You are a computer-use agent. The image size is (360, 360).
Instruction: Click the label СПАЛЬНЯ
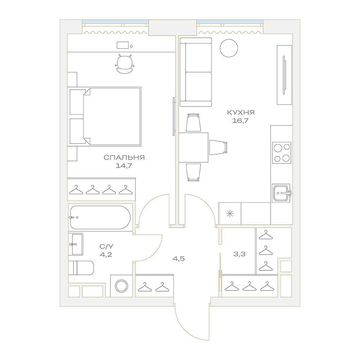click(124, 158)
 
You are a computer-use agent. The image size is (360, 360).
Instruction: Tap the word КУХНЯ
click(241, 112)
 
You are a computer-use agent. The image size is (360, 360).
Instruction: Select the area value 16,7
click(240, 121)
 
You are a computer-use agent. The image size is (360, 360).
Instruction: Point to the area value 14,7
click(124, 166)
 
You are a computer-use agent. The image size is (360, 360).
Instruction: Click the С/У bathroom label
click(106, 247)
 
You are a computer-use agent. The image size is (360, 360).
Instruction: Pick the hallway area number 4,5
click(179, 259)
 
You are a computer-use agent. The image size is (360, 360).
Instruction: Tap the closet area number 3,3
click(239, 254)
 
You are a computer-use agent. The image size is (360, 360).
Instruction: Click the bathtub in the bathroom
click(100, 217)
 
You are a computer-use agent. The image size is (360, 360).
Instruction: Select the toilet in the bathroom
click(81, 268)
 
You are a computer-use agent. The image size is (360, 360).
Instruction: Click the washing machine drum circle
click(122, 286)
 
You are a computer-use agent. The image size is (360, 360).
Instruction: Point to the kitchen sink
click(281, 193)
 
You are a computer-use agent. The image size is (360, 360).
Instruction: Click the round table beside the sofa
click(229, 48)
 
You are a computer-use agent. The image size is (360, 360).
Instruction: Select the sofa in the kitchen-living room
click(195, 72)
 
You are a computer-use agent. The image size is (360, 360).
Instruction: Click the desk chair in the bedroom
click(124, 64)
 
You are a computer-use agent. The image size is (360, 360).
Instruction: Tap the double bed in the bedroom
click(105, 116)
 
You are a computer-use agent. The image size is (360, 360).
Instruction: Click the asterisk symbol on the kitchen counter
click(230, 214)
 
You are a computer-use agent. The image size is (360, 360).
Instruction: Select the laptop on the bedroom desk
click(123, 45)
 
